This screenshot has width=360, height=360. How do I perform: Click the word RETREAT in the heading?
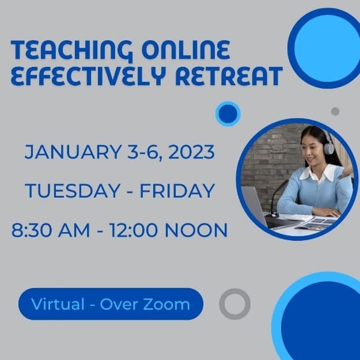coord(234,76)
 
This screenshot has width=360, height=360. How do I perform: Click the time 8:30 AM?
coord(51,230)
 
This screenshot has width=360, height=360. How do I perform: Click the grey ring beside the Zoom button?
coord(235,304)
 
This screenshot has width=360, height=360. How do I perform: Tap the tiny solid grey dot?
coord(335,111)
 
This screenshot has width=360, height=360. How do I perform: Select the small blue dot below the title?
coord(228,113)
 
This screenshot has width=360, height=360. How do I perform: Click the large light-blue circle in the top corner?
coord(324,47)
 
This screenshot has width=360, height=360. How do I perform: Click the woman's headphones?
coord(329,147)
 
